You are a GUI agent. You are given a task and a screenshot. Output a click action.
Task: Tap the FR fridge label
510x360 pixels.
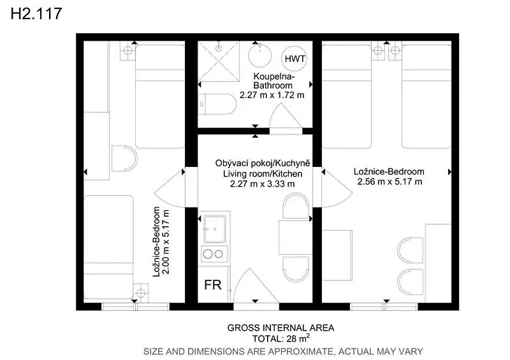click(213, 285)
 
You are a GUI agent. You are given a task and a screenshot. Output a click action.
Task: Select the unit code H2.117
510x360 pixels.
click(36, 14)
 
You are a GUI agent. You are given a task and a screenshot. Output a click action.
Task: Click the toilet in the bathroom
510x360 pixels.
click(217, 104)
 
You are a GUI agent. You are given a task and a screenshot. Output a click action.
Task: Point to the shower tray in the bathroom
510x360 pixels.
click(219, 61)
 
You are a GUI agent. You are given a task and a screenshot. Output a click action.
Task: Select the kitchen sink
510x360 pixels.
click(215, 229)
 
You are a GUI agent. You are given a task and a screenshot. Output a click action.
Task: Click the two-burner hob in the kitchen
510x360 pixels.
click(214, 254)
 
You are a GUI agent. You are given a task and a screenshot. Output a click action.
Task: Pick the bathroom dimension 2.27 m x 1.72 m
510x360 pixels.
click(272, 96)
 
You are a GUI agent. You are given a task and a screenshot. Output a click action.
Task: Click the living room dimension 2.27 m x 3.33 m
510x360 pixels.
click(263, 184)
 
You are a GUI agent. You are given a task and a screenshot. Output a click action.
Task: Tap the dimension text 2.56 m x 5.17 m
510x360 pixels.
click(390, 182)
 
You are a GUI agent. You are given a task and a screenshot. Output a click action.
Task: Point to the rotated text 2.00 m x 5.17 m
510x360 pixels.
click(166, 242)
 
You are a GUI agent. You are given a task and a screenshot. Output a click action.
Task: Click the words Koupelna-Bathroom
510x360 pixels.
click(274, 81)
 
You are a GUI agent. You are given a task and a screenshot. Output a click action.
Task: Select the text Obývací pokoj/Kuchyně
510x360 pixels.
click(263, 163)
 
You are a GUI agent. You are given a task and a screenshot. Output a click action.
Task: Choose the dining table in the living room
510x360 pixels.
click(294, 238)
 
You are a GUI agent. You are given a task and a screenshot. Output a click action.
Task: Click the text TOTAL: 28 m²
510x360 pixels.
click(281, 338)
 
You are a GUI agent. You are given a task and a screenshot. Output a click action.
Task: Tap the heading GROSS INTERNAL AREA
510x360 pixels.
click(280, 328)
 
